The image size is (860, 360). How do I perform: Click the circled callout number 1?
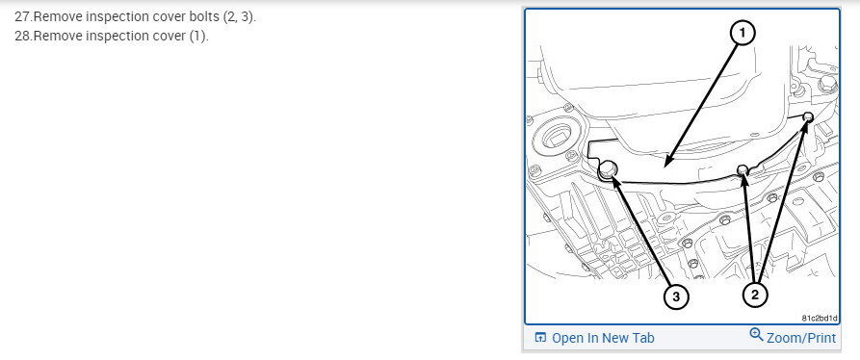click(743, 34)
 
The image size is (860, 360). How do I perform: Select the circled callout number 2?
click(755, 296)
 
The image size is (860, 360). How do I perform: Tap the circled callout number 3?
click(676, 296)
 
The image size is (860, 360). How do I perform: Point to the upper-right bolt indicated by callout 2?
click(807, 116)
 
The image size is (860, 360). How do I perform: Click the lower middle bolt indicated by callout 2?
click(743, 168)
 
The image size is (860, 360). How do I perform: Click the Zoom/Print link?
click(800, 338)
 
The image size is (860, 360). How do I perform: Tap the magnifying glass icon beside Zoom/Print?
click(756, 335)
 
